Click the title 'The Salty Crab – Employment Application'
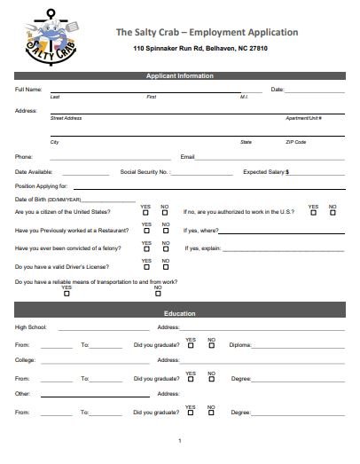pos(207,32)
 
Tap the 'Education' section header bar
pos(180,314)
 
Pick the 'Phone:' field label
pos(24,157)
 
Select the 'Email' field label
pos(187,157)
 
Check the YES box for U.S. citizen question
pos(145,213)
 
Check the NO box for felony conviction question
pos(165,249)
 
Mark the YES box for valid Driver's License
pos(145,267)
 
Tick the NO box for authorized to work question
pos(333,213)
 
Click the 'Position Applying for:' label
pos(42,186)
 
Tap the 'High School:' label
pos(31,327)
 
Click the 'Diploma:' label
pos(240,344)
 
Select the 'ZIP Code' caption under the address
pos(295,142)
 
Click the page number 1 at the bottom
pos(180,441)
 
